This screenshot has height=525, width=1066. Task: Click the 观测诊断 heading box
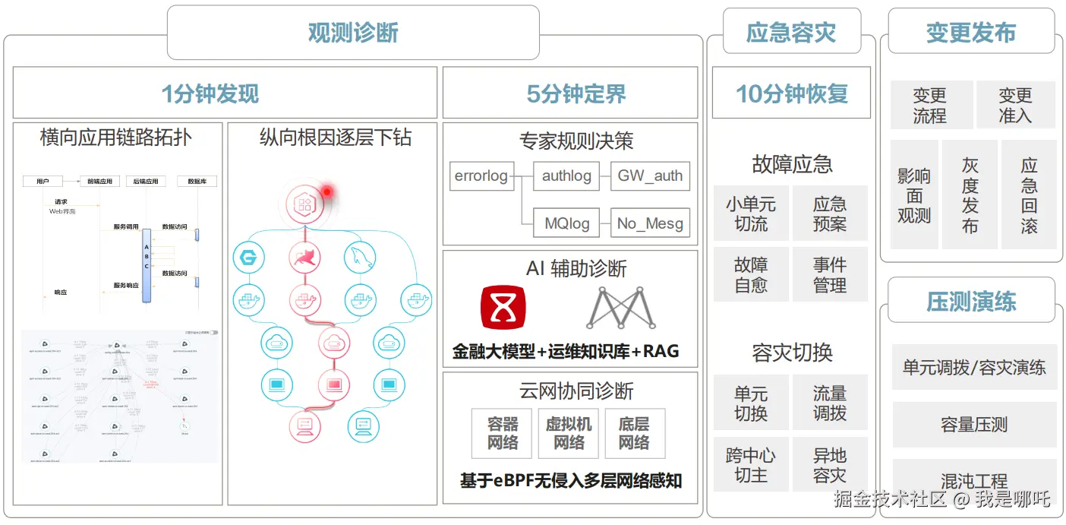coord(353,33)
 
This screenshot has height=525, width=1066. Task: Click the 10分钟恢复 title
coord(791,93)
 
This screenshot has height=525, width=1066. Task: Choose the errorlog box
coord(481,176)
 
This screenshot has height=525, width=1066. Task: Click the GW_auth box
coord(650,176)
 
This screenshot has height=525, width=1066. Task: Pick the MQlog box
coord(566,223)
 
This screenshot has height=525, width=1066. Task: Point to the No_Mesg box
coord(650,223)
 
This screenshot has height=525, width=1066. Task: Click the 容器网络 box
coord(503,433)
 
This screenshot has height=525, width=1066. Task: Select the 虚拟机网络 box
coord(569,433)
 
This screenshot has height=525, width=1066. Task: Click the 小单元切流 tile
coord(751,213)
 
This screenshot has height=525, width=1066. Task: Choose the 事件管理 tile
coord(830,274)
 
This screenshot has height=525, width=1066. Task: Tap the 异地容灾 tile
coord(830,465)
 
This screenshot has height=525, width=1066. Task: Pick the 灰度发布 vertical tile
coord(970,195)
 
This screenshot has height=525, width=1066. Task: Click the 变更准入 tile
coord(1015,105)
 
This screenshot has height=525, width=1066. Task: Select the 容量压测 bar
coord(974,425)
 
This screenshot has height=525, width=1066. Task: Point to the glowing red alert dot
coord(326,191)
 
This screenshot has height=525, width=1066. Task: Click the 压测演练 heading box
coord(971,302)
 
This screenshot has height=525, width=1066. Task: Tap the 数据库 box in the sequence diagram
coord(197,182)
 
